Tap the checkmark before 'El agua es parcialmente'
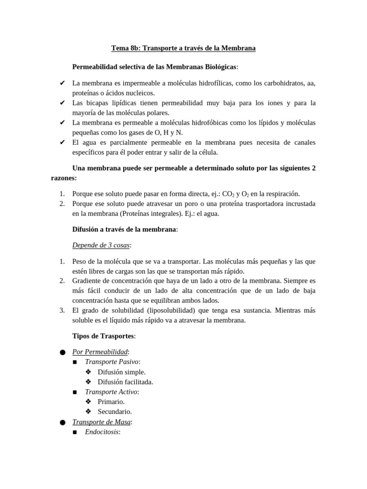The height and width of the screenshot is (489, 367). [x=62, y=142]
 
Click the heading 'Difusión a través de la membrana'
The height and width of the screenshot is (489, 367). [x=124, y=229]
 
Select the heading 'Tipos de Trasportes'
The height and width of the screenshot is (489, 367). [x=103, y=336]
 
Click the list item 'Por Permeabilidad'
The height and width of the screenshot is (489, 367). [x=100, y=352]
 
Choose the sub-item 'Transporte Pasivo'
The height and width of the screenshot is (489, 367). [x=111, y=362]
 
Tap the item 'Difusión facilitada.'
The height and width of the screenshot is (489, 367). [x=125, y=382]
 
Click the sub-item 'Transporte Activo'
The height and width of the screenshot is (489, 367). [x=111, y=392]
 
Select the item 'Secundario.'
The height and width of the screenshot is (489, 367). [x=115, y=412]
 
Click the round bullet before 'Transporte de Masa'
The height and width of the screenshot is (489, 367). [x=63, y=423]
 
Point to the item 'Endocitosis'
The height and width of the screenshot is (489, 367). [x=102, y=432]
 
